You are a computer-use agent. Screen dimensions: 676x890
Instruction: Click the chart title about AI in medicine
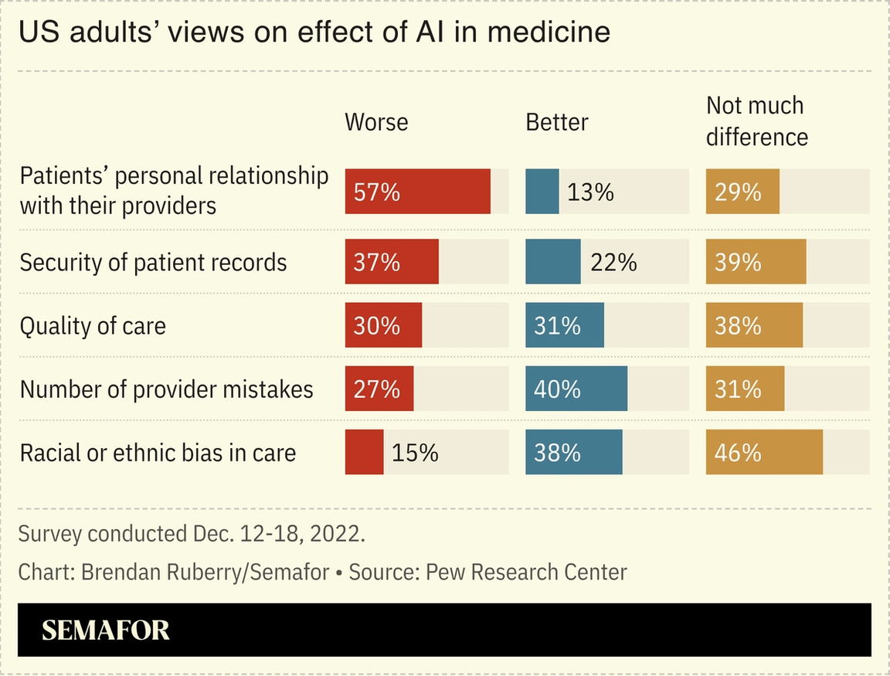tap(314, 32)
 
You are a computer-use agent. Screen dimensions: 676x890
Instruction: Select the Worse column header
tap(376, 122)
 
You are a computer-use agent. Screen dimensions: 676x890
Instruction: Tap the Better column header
tap(556, 122)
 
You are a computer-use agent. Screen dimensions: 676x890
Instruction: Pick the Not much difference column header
tap(756, 121)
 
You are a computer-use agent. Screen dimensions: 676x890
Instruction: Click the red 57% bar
tap(417, 192)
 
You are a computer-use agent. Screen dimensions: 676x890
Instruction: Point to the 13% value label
tap(590, 192)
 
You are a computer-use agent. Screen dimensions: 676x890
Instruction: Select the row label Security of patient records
tap(153, 263)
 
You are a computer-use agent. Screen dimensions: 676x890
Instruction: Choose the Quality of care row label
tap(93, 325)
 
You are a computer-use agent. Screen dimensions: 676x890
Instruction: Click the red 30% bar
tap(383, 325)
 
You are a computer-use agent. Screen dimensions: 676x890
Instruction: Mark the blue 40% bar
tap(576, 389)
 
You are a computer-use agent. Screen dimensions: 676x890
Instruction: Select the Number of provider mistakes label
tap(166, 389)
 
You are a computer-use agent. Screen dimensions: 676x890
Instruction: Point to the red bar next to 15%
tap(364, 452)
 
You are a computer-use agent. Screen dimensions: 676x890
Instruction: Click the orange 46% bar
tap(764, 452)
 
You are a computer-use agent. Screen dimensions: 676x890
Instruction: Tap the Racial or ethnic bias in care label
tap(158, 452)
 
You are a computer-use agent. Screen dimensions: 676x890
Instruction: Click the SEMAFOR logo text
tap(105, 630)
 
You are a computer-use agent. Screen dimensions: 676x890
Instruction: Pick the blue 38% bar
tap(573, 452)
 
